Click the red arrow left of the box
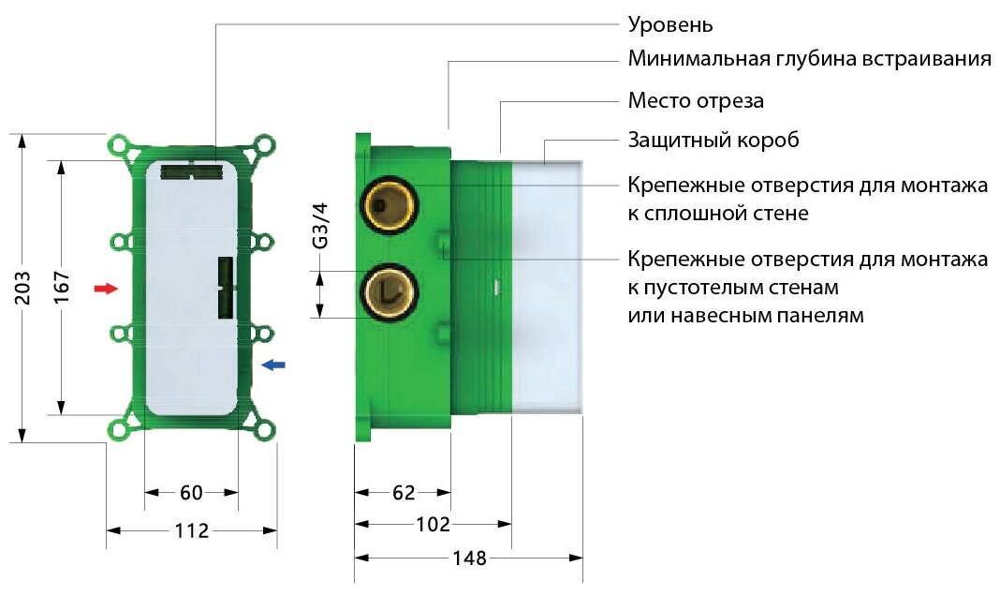[108, 289]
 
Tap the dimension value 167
[62, 287]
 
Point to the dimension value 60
[191, 492]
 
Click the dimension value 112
[191, 530]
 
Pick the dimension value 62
[403, 492]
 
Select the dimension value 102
[432, 524]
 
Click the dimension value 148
[468, 559]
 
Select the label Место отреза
[696, 100]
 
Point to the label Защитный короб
[713, 141]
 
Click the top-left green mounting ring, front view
[119, 146]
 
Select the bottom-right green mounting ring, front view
[266, 430]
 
